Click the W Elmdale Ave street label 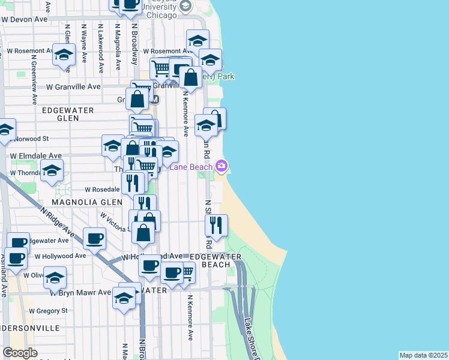pyautogui.click(x=36, y=155)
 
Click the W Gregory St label pyautogui.click(x=49, y=311)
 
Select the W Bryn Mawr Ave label pyautogui.click(x=80, y=293)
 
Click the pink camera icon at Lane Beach pyautogui.click(x=222, y=166)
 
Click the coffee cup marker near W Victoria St pyautogui.click(x=94, y=238)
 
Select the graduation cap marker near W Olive pyautogui.click(x=55, y=277)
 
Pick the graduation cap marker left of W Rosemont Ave pyautogui.click(x=63, y=55)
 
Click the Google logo pyautogui.click(x=20, y=353)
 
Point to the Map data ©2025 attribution pyautogui.click(x=423, y=355)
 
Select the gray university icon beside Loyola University pyautogui.click(x=185, y=7)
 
